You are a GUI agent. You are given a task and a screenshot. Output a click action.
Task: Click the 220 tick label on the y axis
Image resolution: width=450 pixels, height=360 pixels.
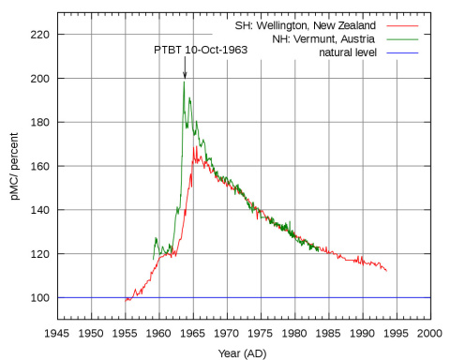[40, 35]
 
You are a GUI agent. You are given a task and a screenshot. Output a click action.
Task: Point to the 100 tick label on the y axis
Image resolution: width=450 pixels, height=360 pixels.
[40, 297]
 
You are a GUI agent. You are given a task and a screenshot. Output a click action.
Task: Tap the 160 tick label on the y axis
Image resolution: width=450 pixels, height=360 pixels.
[40, 166]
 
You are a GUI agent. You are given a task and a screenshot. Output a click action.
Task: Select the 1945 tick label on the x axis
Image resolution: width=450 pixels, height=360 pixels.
[57, 333]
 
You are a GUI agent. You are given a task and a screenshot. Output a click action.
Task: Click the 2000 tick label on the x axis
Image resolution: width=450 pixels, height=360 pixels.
[430, 333]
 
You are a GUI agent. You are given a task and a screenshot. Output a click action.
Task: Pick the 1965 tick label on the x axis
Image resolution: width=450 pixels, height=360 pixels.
[193, 333]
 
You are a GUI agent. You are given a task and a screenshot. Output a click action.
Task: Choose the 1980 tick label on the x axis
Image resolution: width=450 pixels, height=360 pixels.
[294, 333]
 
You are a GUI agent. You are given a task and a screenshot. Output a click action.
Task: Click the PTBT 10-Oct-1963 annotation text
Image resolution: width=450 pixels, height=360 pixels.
[201, 49]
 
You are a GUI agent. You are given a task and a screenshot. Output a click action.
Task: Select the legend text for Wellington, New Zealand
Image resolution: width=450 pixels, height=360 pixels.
[311, 26]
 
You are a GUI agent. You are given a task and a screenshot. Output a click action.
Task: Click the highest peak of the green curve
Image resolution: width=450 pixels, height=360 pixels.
[185, 82]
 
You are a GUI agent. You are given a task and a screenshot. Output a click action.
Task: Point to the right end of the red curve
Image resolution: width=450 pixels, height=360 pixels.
[386, 271]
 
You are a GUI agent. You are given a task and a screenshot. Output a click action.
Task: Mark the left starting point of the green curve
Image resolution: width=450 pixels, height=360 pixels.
[153, 259]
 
